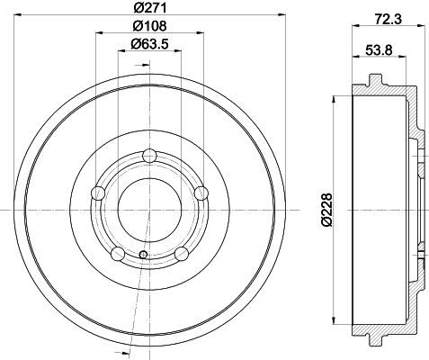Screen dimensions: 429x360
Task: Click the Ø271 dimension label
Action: click(x=149, y=8)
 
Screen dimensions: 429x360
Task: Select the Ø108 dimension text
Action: click(x=149, y=26)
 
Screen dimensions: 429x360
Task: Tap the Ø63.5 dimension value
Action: click(x=149, y=44)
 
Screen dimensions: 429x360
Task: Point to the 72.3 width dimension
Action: click(x=389, y=20)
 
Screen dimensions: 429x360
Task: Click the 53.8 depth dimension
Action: click(x=379, y=49)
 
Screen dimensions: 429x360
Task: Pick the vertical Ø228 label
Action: click(x=326, y=210)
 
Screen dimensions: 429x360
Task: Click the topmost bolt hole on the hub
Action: click(x=149, y=156)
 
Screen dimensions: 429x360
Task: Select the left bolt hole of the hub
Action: click(x=98, y=193)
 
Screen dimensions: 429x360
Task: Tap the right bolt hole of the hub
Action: click(x=201, y=193)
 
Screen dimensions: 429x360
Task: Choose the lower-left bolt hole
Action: click(x=118, y=254)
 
